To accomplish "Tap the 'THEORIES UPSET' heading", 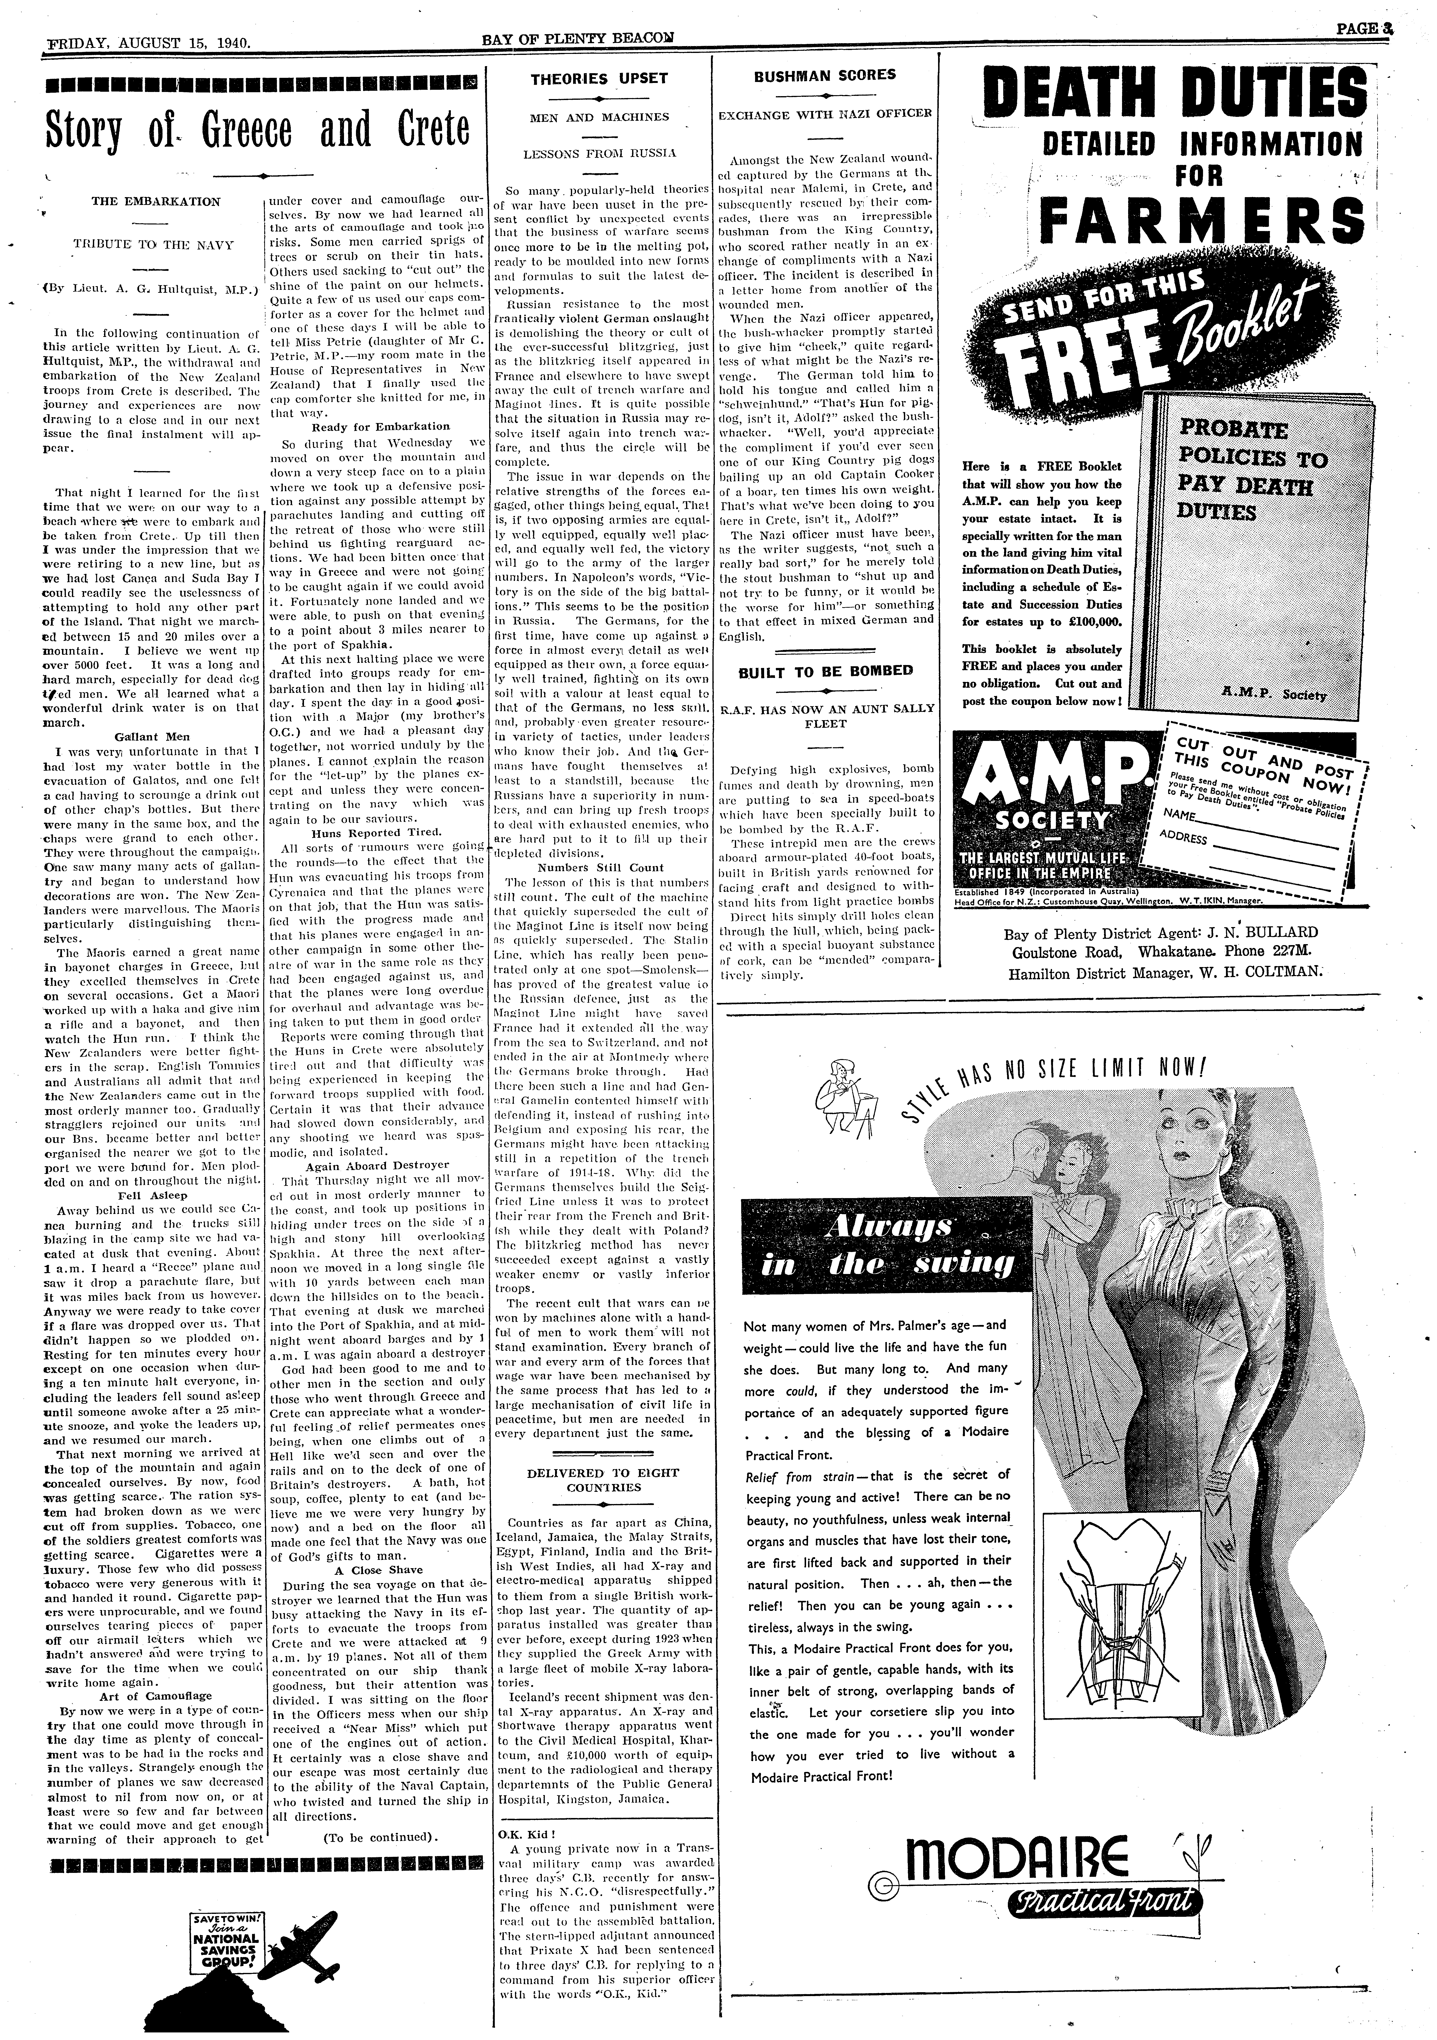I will point(598,78).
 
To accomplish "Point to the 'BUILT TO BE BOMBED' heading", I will point(826,671).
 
